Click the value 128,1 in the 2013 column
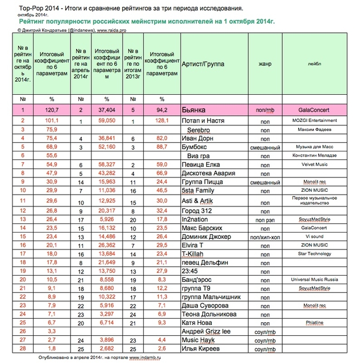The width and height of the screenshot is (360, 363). pyautogui.click(x=162, y=121)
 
